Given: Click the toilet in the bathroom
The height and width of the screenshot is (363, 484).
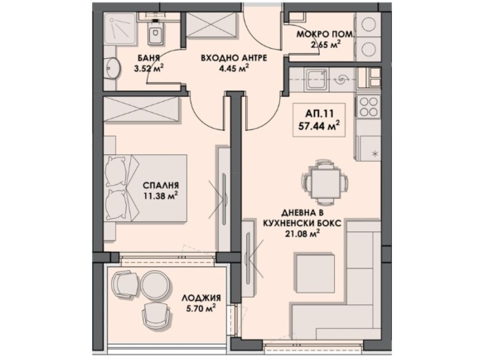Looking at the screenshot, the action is pyautogui.click(x=155, y=31).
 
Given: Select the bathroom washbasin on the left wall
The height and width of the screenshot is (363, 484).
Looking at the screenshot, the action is pyautogui.click(x=112, y=68).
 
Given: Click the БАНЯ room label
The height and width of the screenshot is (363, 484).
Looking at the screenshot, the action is pyautogui.click(x=149, y=58).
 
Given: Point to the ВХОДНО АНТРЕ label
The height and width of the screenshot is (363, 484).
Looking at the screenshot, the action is pyautogui.click(x=234, y=58).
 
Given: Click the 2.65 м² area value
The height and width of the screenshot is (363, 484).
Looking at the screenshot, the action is pyautogui.click(x=326, y=45).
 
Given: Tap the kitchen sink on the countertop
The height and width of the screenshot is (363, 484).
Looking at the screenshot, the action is pyautogui.click(x=317, y=80).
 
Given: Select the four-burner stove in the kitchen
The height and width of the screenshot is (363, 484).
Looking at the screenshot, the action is pyautogui.click(x=369, y=105).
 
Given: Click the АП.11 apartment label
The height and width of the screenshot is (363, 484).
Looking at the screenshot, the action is pyautogui.click(x=319, y=114).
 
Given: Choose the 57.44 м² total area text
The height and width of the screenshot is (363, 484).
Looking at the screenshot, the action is pyautogui.click(x=319, y=126).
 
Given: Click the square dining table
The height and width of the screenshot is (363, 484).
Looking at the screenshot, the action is pyautogui.click(x=325, y=181).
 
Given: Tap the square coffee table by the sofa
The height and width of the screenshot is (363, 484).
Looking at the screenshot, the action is pyautogui.click(x=316, y=273).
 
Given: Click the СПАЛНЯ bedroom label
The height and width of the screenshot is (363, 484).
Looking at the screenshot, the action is pyautogui.click(x=161, y=186).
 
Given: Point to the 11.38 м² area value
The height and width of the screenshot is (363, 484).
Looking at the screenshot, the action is pyautogui.click(x=161, y=196).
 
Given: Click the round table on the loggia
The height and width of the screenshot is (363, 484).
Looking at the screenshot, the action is pyautogui.click(x=156, y=285).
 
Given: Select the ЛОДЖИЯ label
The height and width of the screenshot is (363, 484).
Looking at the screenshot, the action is pyautogui.click(x=201, y=298).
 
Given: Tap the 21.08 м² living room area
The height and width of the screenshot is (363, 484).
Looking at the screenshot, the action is pyautogui.click(x=302, y=234).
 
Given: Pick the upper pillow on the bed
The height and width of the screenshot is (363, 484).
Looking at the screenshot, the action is pyautogui.click(x=116, y=172).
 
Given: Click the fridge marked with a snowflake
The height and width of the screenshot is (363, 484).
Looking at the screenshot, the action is pyautogui.click(x=369, y=149).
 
